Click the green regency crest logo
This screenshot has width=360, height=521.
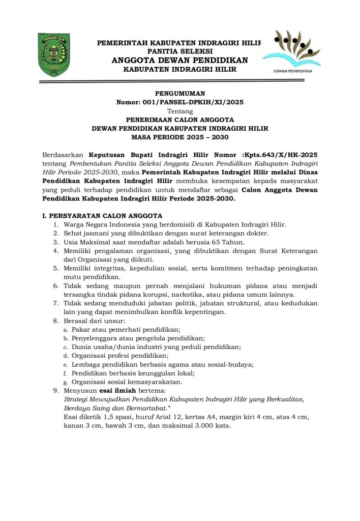54,55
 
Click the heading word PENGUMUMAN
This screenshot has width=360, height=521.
179,94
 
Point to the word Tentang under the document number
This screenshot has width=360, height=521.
180,110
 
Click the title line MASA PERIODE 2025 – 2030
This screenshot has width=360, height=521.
180,137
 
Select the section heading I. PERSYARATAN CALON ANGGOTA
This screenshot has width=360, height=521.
102,215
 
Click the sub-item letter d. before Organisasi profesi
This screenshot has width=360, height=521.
66,356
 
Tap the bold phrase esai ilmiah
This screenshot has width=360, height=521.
114,390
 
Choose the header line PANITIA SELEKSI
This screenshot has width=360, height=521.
179,51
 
